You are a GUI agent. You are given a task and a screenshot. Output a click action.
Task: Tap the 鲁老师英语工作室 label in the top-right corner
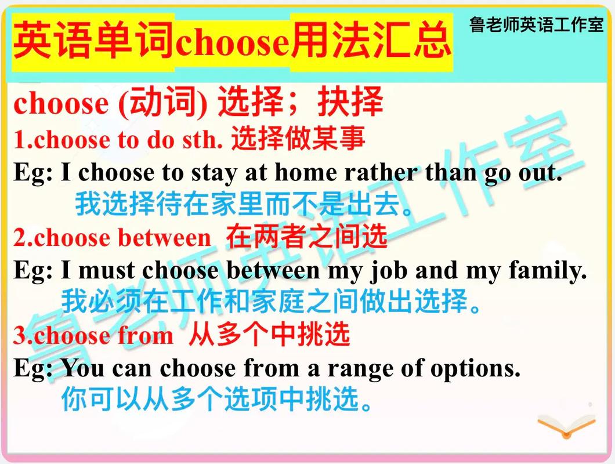[536, 25]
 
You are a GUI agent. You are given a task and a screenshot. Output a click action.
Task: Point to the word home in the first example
[306, 173]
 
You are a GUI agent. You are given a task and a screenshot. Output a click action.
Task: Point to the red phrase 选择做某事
[298, 139]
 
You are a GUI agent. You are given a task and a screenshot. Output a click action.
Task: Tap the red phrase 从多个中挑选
[269, 335]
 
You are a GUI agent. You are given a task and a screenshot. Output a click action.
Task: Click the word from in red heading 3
[145, 336]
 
